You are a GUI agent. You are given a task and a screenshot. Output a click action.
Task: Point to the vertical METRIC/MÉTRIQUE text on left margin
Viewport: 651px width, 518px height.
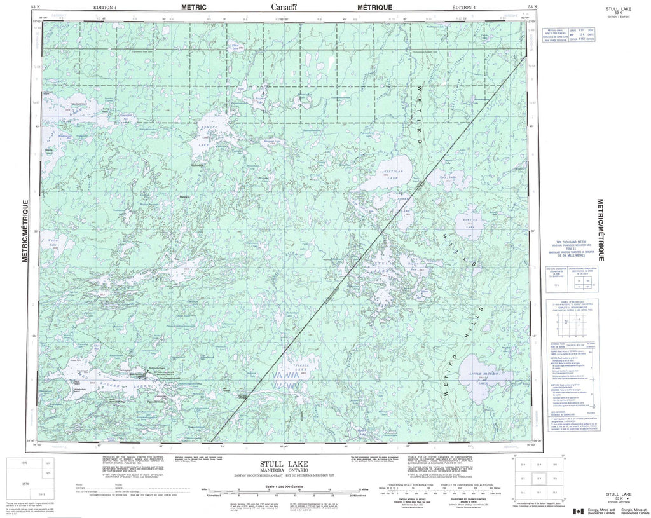click(x=26, y=230)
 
